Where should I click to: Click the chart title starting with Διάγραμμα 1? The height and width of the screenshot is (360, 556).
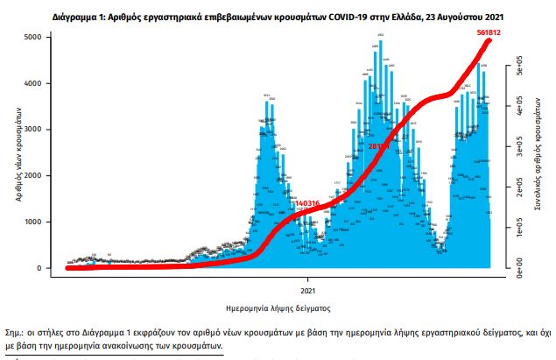click(x=278, y=16)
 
